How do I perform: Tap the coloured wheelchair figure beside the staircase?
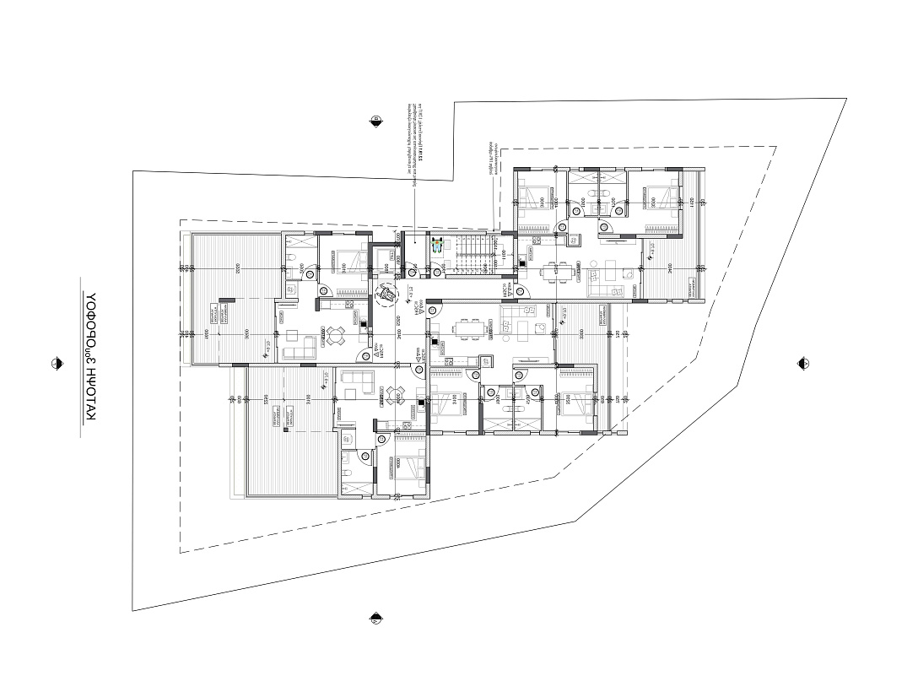pos(437,246)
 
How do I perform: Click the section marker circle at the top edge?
pos(375,122)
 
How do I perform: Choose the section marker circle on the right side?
pos(803,363)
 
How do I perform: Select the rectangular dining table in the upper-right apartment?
pos(555,271)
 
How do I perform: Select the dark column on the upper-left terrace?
pos(226,298)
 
